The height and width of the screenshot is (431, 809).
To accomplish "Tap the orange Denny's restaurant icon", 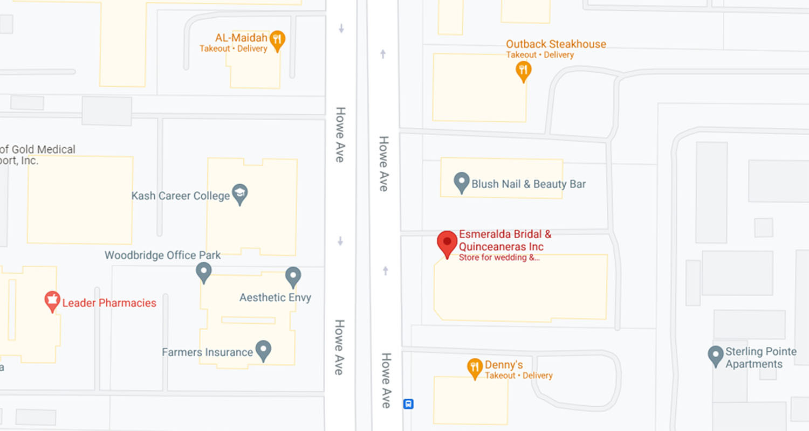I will point(475,368).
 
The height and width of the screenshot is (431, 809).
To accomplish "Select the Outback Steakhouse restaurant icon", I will point(523,70).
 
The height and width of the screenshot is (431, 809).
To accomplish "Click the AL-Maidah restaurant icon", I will point(277,39).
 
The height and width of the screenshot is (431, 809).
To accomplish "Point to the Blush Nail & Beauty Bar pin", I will point(461,182).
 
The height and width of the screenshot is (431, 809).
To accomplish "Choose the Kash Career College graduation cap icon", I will point(239,193).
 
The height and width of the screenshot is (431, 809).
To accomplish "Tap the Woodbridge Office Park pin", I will point(203,272).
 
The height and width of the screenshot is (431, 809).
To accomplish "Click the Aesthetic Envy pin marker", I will point(293,276).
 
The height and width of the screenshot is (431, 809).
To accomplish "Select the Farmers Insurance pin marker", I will point(263,350).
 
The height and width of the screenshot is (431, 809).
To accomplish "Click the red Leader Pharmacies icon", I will point(52,301).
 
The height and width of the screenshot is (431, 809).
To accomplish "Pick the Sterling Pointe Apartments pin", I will point(715,356).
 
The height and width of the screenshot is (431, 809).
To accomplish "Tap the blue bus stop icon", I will point(409,404).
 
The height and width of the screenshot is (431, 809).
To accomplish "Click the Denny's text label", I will point(504,365).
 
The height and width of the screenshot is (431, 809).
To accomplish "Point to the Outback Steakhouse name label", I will point(556,44).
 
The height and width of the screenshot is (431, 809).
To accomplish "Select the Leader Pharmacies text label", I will point(109,303).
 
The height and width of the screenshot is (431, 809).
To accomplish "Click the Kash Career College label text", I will point(181,196).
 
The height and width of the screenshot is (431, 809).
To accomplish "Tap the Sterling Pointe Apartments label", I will point(760,358).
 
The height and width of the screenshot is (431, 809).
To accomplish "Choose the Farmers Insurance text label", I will point(208,352).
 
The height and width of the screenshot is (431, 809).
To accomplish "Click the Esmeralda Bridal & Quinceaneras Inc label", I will point(505,241).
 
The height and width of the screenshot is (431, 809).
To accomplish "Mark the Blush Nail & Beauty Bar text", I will point(529,184).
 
